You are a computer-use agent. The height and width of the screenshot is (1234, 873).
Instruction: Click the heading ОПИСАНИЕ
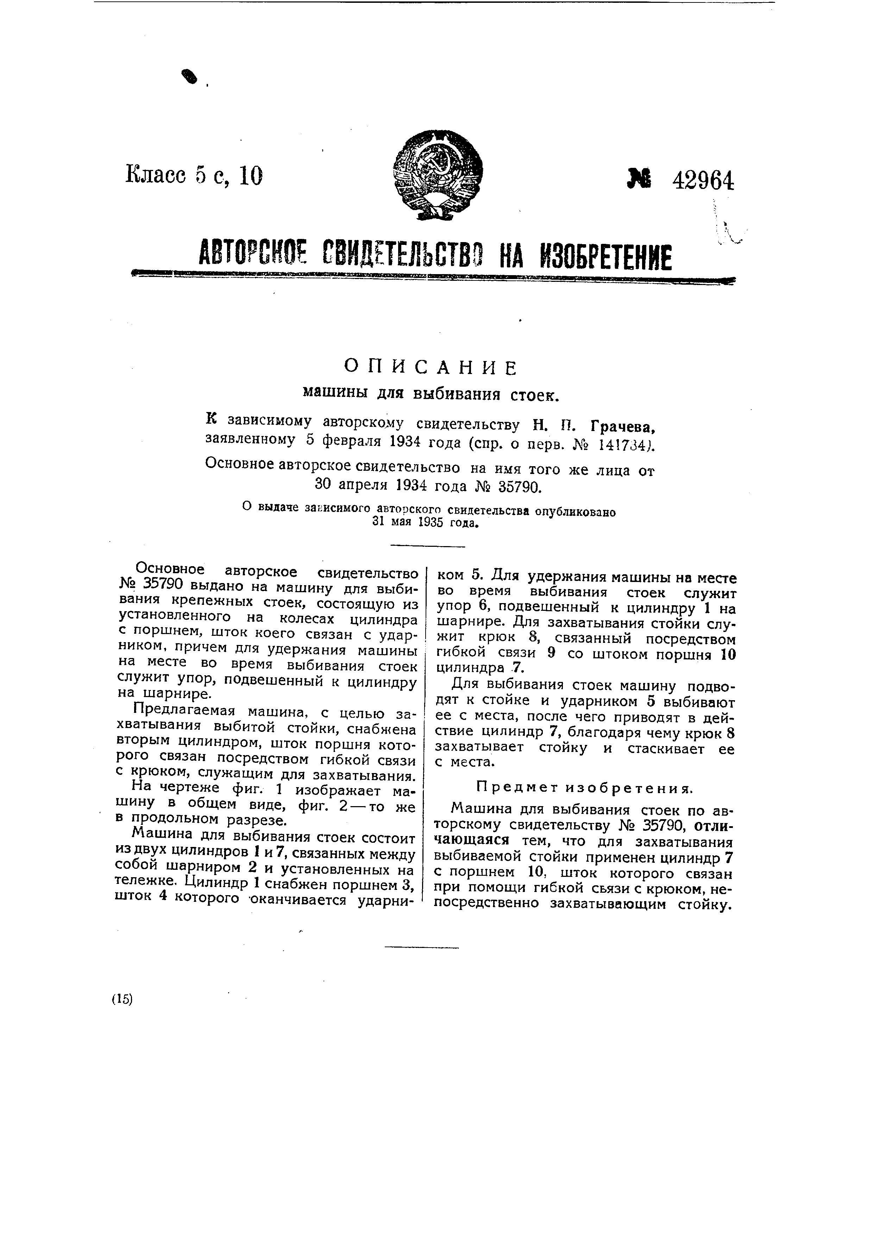coord(431,368)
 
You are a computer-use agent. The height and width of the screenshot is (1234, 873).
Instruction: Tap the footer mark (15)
coord(122,999)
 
